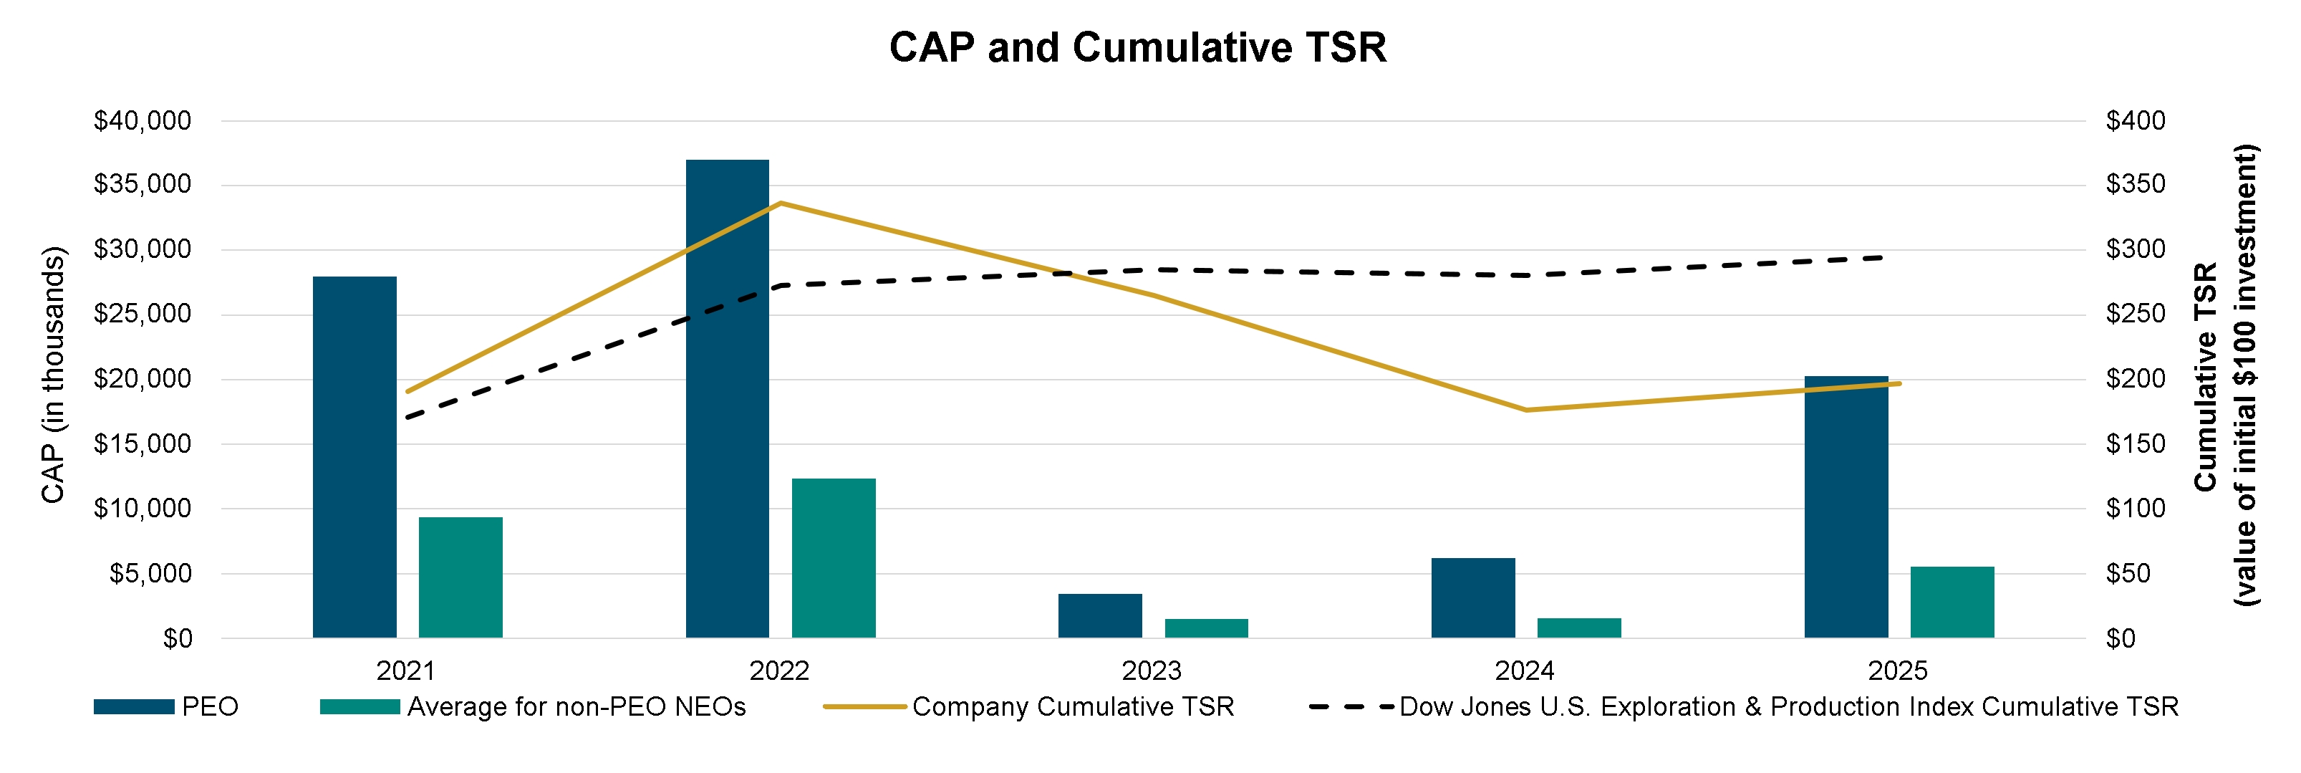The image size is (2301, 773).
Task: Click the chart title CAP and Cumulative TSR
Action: coord(1137,47)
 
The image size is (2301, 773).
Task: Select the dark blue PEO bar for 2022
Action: coord(727,398)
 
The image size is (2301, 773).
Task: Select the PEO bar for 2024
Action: coord(1473,598)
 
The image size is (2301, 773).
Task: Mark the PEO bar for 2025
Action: coord(1846,506)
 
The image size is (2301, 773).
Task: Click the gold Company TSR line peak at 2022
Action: coord(781,203)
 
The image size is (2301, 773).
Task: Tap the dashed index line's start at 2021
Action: coord(407,418)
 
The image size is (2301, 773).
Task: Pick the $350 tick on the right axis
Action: coord(2136,185)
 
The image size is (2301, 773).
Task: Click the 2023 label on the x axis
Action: coord(1152,671)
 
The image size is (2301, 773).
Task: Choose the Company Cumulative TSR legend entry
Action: coord(1072,707)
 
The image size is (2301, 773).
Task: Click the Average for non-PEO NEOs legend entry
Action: coord(576,707)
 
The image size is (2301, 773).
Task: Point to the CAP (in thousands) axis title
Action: coord(54,375)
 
